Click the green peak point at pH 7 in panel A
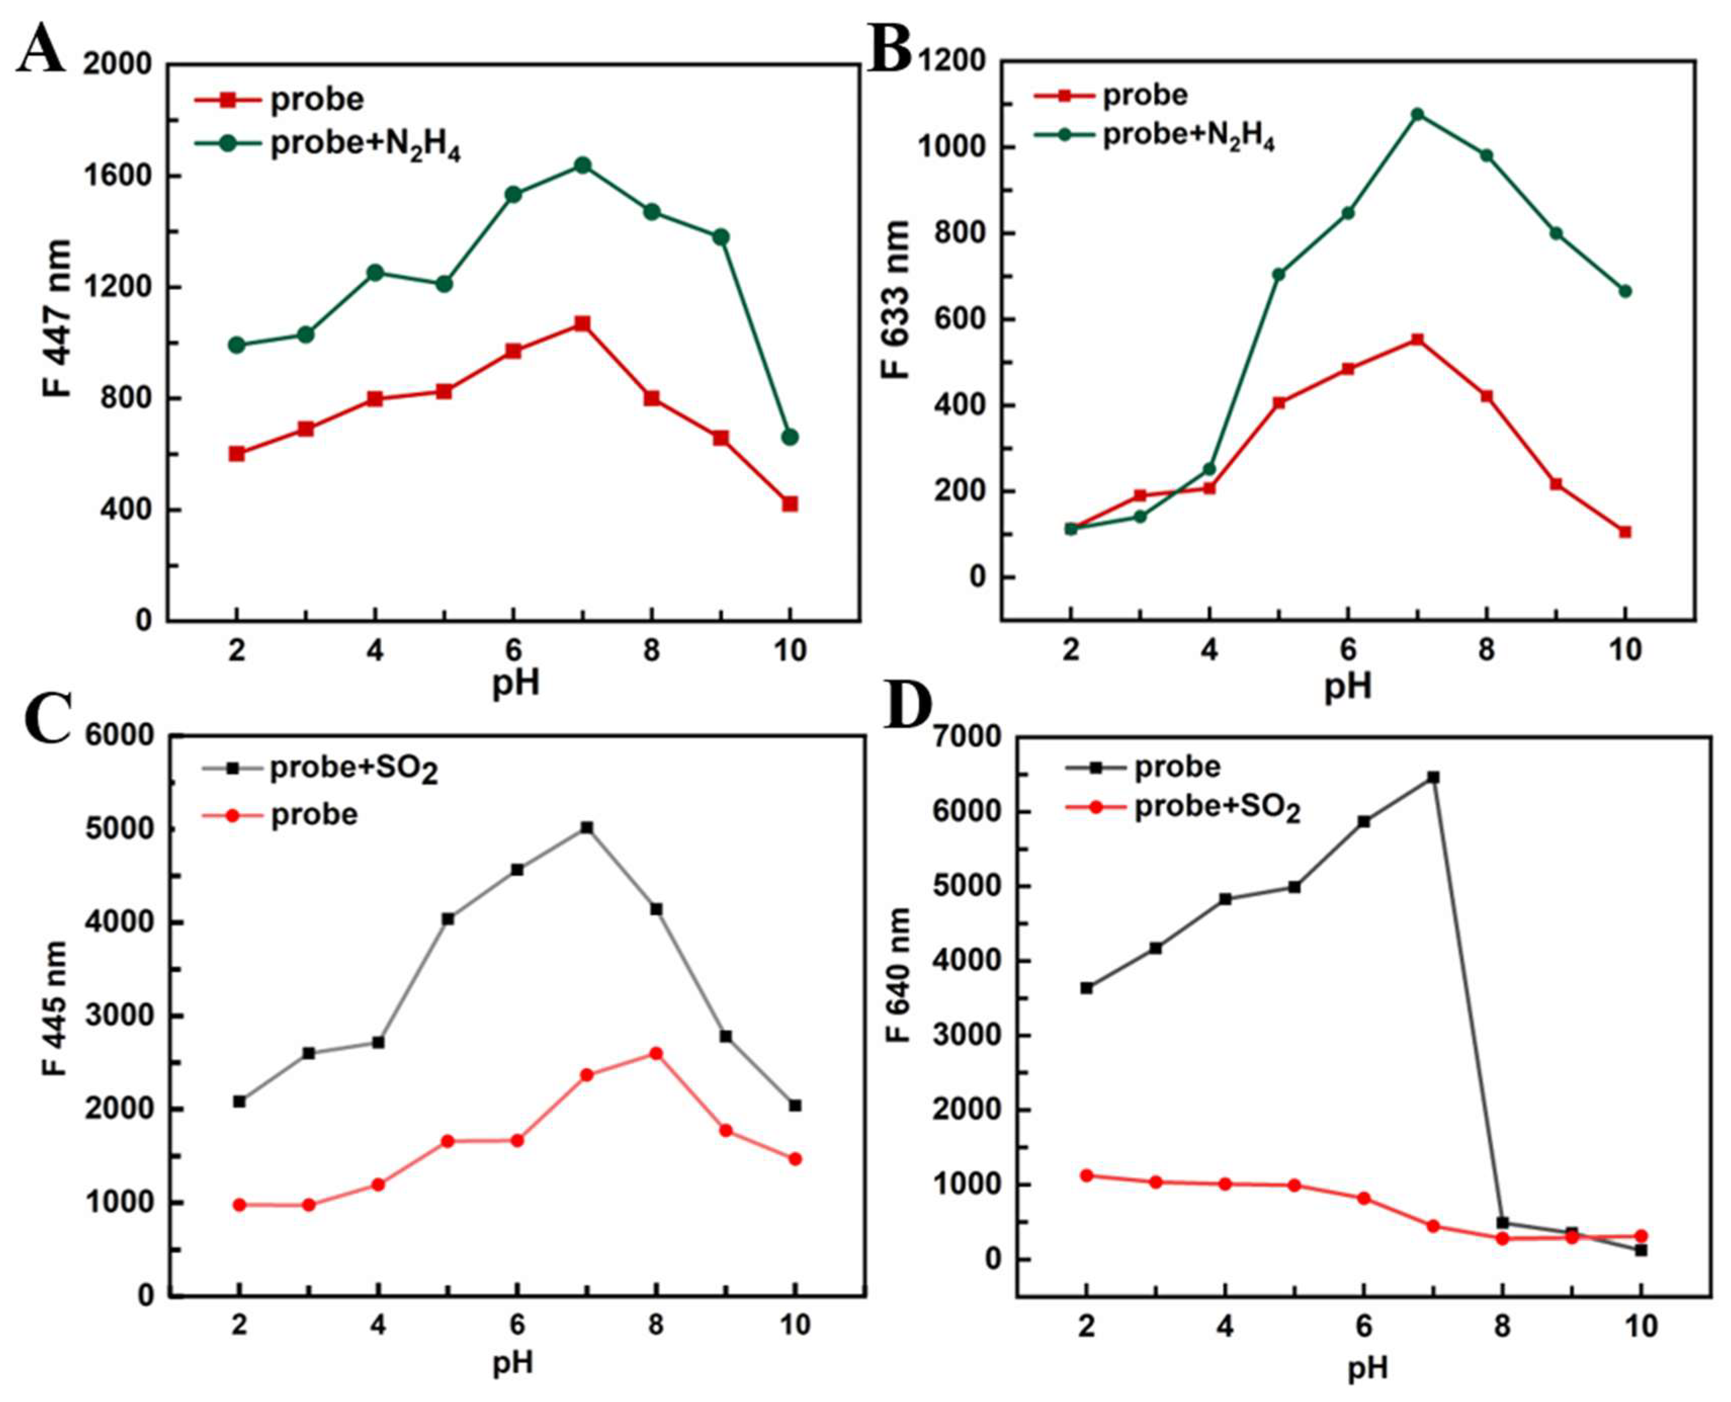pyautogui.click(x=582, y=165)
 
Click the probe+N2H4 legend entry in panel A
pyautogui.click(x=365, y=145)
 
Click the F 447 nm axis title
pyautogui.click(x=57, y=319)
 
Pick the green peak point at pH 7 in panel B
pyautogui.click(x=1417, y=114)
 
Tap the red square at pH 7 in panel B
pyautogui.click(x=1417, y=339)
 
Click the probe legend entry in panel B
pyautogui.click(x=1145, y=95)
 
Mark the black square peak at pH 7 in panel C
pyautogui.click(x=587, y=828)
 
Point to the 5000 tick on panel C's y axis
pyautogui.click(x=121, y=829)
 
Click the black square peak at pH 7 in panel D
pyautogui.click(x=1433, y=777)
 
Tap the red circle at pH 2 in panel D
pyautogui.click(x=1087, y=1176)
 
